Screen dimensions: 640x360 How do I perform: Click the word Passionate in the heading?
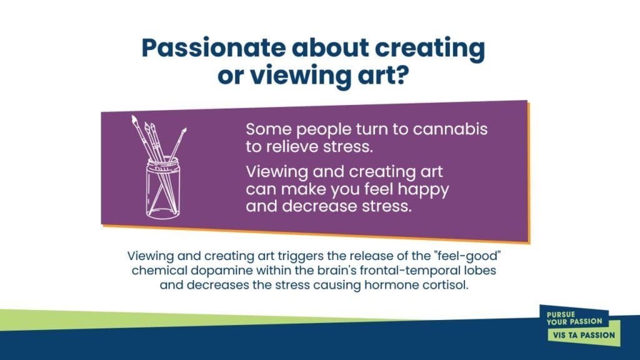tap(214, 47)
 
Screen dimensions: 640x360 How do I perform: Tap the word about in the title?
tap(330, 47)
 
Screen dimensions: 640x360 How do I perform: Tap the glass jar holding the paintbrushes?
tap(163, 187)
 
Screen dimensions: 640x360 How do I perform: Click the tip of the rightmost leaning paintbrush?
tap(185, 129)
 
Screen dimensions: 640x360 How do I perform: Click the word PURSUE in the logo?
tap(561, 315)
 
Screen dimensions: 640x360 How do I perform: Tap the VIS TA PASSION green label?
tap(584, 335)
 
